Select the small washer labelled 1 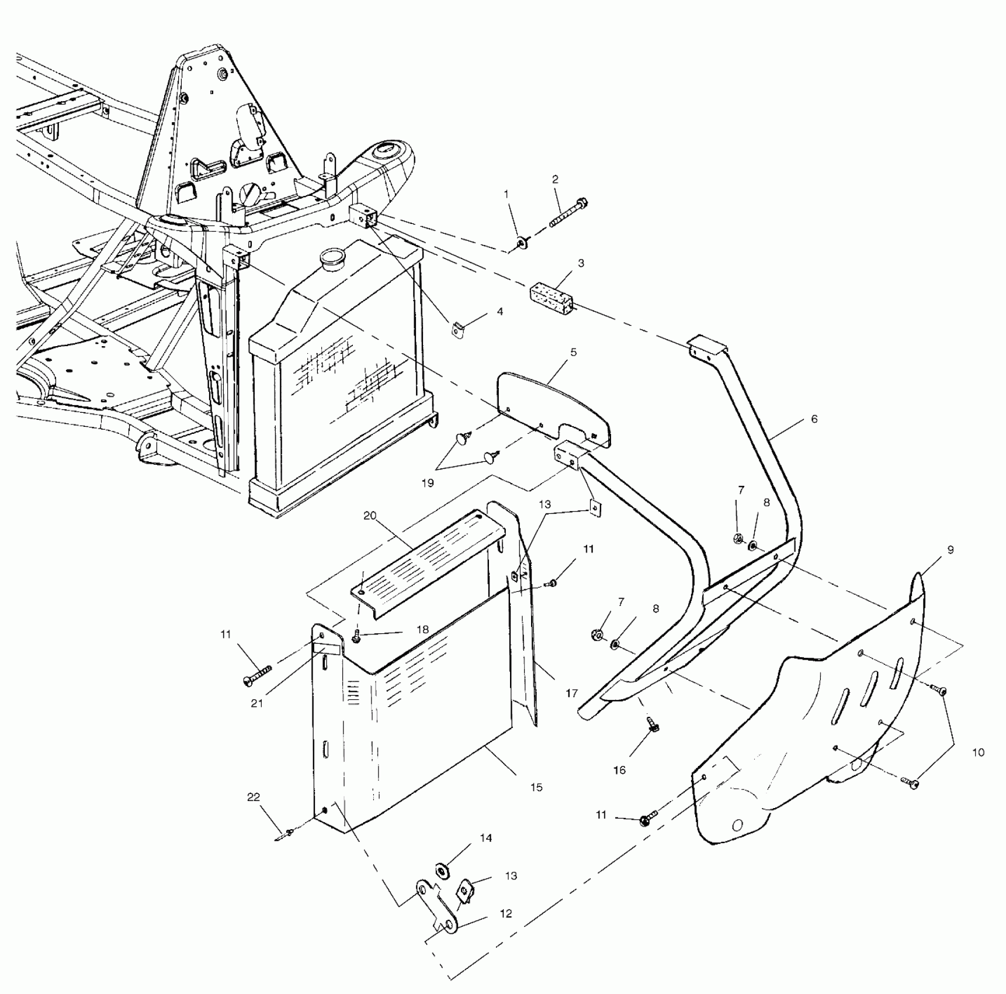coord(522,242)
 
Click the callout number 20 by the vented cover coord(370,516)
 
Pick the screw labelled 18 coord(357,639)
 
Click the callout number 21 coord(257,703)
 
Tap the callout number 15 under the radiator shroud coord(536,787)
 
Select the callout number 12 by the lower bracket coord(505,913)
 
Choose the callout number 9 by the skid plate coord(951,550)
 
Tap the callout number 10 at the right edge coord(979,753)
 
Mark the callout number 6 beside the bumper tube coord(814,419)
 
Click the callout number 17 coord(571,693)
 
